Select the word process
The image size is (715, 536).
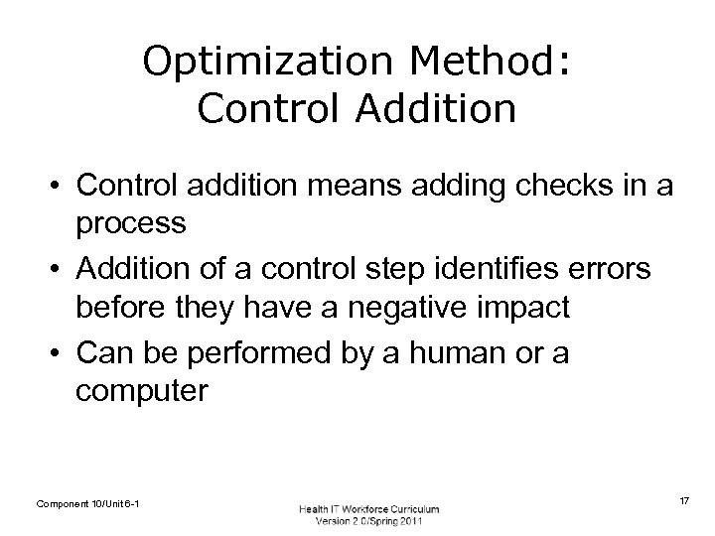(x=130, y=223)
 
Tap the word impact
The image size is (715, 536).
(x=525, y=309)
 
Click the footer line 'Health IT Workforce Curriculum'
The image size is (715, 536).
(x=368, y=509)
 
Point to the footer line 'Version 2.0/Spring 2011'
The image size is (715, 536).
(x=368, y=522)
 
